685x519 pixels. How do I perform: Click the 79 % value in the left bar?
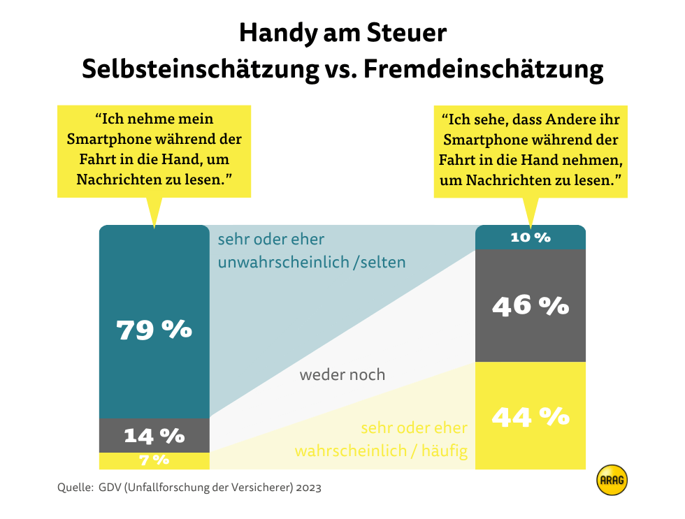pos(154,330)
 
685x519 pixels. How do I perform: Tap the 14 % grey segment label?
pos(154,436)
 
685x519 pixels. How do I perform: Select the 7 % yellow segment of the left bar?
pos(154,460)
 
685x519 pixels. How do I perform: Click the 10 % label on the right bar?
pos(531,237)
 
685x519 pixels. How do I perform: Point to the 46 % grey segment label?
pos(531,306)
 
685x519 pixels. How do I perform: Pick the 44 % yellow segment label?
pos(531,417)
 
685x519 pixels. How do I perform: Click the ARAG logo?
pos(612,480)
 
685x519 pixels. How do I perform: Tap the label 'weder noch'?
pos(342,375)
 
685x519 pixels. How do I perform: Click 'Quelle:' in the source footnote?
pos(73,488)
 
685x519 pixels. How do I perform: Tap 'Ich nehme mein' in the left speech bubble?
pos(154,119)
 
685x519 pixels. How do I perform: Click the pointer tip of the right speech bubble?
pos(531,227)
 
